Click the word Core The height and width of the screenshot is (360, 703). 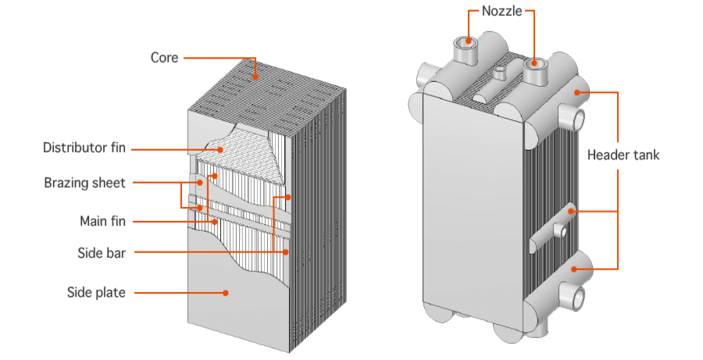click(164, 58)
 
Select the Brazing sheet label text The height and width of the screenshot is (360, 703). click(84, 184)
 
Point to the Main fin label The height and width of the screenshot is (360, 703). click(102, 222)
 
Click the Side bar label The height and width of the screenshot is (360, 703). click(102, 252)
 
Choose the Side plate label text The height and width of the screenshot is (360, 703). click(97, 293)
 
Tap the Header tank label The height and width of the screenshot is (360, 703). click(623, 155)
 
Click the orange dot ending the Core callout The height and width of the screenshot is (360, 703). click(256, 78)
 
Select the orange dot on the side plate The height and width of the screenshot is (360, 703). click(226, 293)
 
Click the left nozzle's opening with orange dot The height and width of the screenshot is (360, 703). click(469, 40)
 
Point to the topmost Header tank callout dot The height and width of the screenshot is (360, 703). click(576, 92)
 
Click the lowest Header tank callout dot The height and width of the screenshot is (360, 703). click(576, 269)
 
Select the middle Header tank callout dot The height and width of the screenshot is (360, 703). click(572, 211)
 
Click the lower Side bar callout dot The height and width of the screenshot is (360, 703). click(286, 251)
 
